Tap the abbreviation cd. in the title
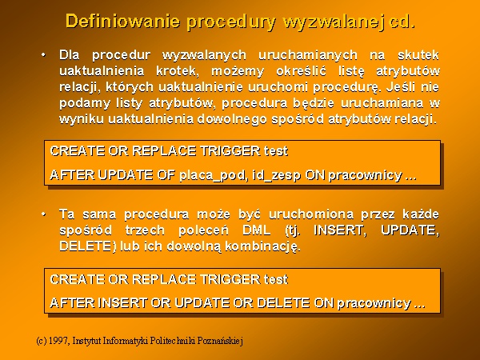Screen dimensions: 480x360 pos(402,22)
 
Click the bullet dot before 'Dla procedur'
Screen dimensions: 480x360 pos(44,55)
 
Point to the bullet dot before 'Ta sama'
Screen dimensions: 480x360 pos(44,214)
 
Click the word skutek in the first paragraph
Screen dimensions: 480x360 pos(418,55)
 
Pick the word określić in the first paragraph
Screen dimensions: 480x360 pos(301,71)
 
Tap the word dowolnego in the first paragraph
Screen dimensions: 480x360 pos(232,118)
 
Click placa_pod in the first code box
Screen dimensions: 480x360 pos(212,175)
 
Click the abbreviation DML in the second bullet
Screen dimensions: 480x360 pos(257,230)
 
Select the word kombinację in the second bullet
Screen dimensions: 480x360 pos(262,246)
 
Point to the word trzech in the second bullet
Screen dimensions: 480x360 pos(145,230)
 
